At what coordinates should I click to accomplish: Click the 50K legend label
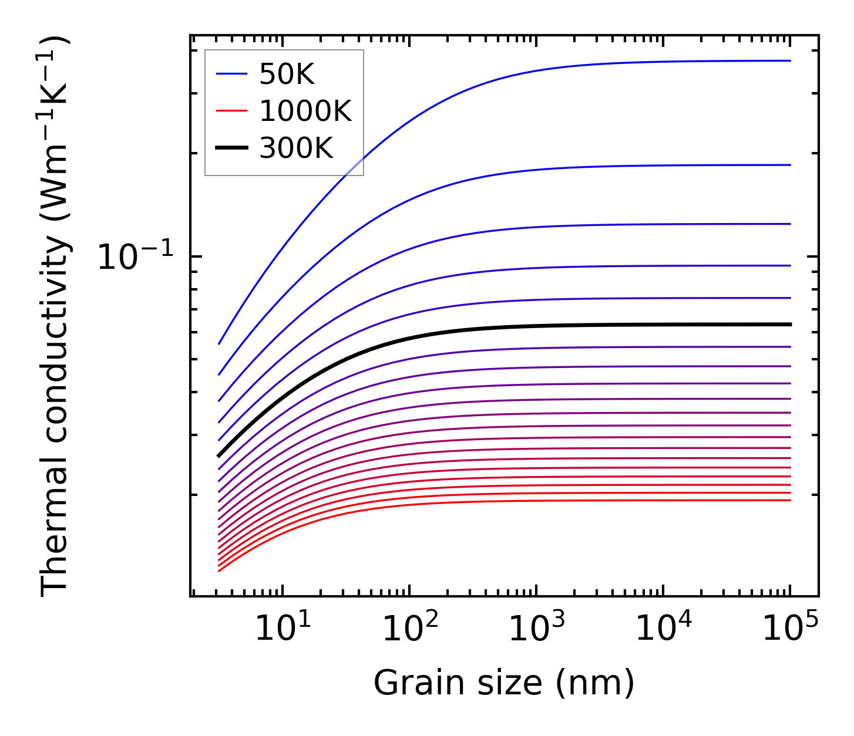coord(287,75)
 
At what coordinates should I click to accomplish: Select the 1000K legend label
coord(305,112)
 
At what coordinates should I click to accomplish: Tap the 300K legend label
coord(296,149)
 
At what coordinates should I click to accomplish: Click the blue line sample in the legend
coord(231,74)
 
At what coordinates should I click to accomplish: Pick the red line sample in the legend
coord(231,112)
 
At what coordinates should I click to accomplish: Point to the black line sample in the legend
coord(231,148)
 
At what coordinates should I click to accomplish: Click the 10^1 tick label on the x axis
coord(283,628)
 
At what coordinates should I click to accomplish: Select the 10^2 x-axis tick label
coord(410,628)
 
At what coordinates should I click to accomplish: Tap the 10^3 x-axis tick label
coord(537,628)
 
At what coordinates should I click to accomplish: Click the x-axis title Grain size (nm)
coord(504,683)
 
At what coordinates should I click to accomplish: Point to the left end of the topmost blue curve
coord(219,343)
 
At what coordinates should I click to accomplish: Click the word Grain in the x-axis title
coord(407,683)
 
